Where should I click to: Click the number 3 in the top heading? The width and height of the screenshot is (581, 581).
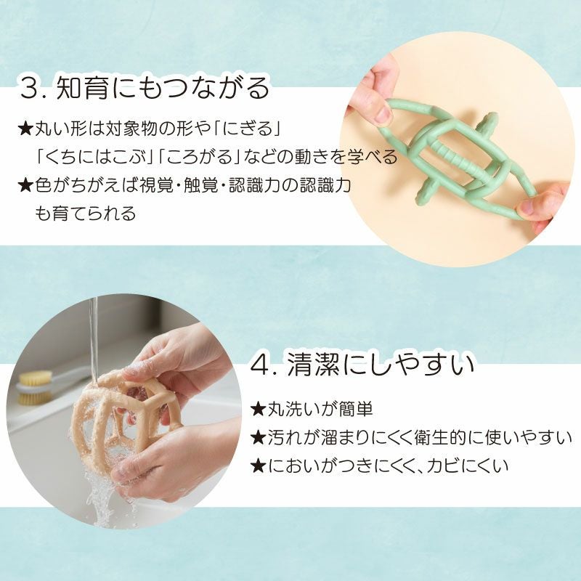[31, 89]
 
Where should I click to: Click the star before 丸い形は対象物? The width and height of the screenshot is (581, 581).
[25, 130]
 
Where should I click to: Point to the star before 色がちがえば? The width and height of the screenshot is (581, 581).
[25, 186]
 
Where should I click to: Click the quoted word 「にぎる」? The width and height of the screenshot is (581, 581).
[245, 130]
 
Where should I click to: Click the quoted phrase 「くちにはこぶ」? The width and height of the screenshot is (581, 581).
[94, 158]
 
